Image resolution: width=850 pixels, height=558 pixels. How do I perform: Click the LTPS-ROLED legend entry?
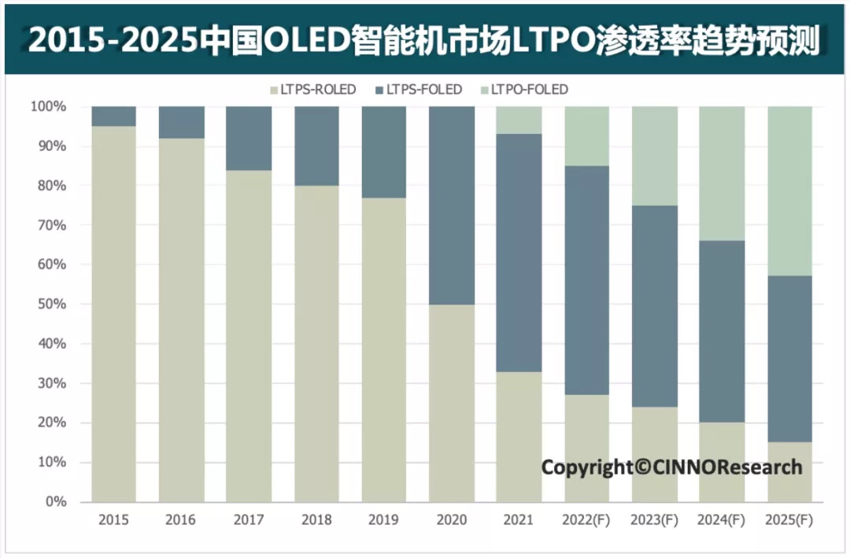point(312,90)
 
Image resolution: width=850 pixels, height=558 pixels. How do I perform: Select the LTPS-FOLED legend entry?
point(419,90)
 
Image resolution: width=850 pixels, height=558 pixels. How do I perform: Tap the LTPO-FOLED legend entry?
point(524,90)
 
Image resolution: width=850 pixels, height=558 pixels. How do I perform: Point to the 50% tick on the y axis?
point(51,305)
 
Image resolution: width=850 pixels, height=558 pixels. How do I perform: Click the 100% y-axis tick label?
point(48,106)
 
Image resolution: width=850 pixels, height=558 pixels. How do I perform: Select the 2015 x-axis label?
point(113,520)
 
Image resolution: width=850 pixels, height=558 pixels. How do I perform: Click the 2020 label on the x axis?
point(452,520)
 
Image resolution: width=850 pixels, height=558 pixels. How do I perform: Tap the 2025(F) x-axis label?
point(789,520)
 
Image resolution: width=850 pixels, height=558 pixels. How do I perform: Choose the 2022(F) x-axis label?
point(586,520)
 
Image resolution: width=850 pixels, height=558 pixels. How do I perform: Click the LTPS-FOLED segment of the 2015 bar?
point(113,116)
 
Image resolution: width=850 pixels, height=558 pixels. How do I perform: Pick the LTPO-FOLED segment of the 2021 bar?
point(519,120)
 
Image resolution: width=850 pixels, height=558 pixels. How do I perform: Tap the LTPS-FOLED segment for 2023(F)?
point(654,306)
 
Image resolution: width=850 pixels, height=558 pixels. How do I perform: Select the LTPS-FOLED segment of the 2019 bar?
point(384,152)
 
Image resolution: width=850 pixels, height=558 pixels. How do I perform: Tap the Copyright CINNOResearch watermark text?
point(671,467)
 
